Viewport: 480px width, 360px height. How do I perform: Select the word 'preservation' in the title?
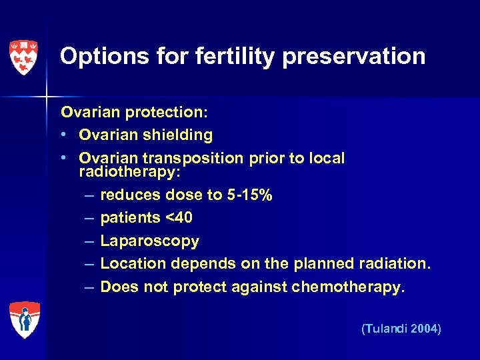point(354,57)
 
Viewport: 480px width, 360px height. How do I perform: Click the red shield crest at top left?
point(23,57)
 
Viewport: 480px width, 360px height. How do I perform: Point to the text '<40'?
point(178,217)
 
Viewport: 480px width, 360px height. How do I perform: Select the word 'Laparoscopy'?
point(149,241)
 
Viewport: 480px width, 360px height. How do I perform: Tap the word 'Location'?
point(133,263)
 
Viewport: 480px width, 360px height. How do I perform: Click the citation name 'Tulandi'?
point(387,329)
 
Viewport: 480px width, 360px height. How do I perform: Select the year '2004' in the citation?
point(425,329)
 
